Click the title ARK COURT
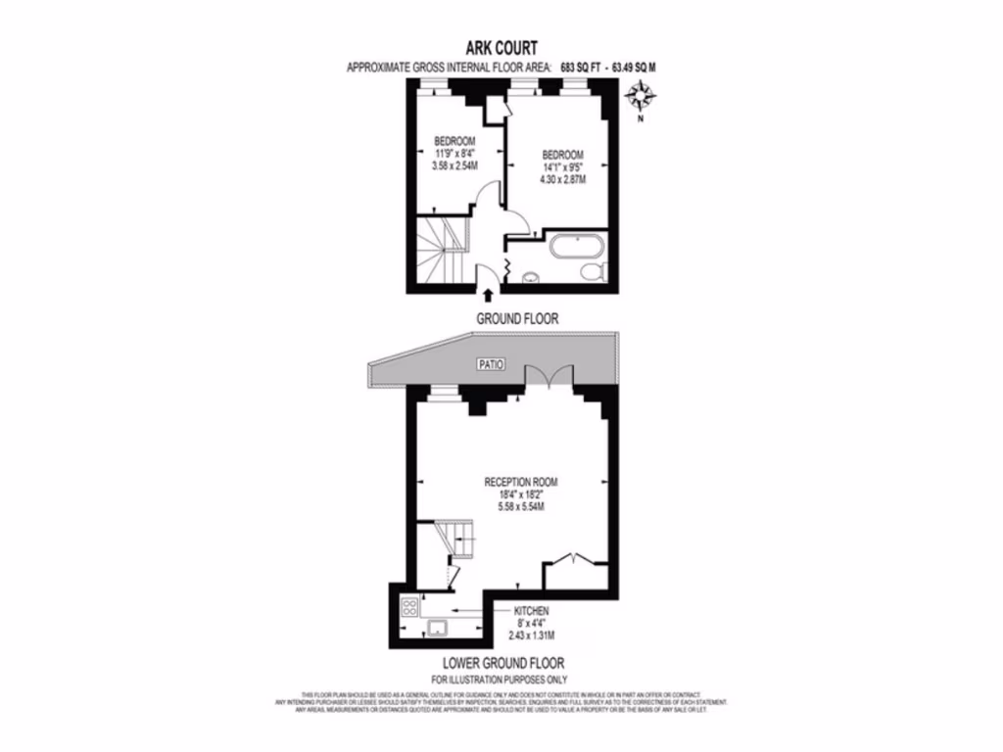point(501,48)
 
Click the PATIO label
point(490,365)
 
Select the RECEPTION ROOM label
point(521,482)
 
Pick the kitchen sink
point(438,628)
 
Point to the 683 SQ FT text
point(579,68)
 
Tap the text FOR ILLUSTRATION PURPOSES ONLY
point(500,679)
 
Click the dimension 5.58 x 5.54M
point(521,507)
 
